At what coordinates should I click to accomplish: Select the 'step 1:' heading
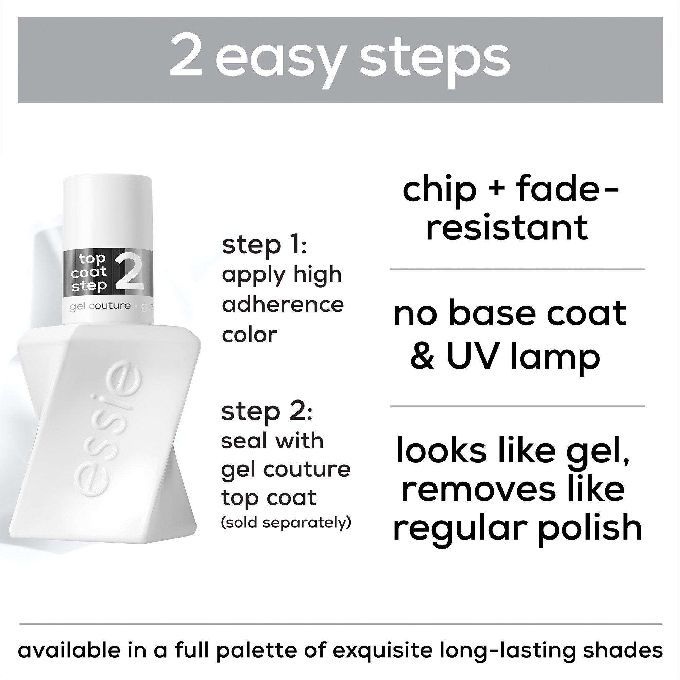click(x=264, y=245)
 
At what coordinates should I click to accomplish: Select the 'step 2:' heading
click(x=267, y=411)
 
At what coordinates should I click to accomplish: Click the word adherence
click(x=283, y=304)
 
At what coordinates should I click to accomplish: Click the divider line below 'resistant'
click(x=517, y=269)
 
